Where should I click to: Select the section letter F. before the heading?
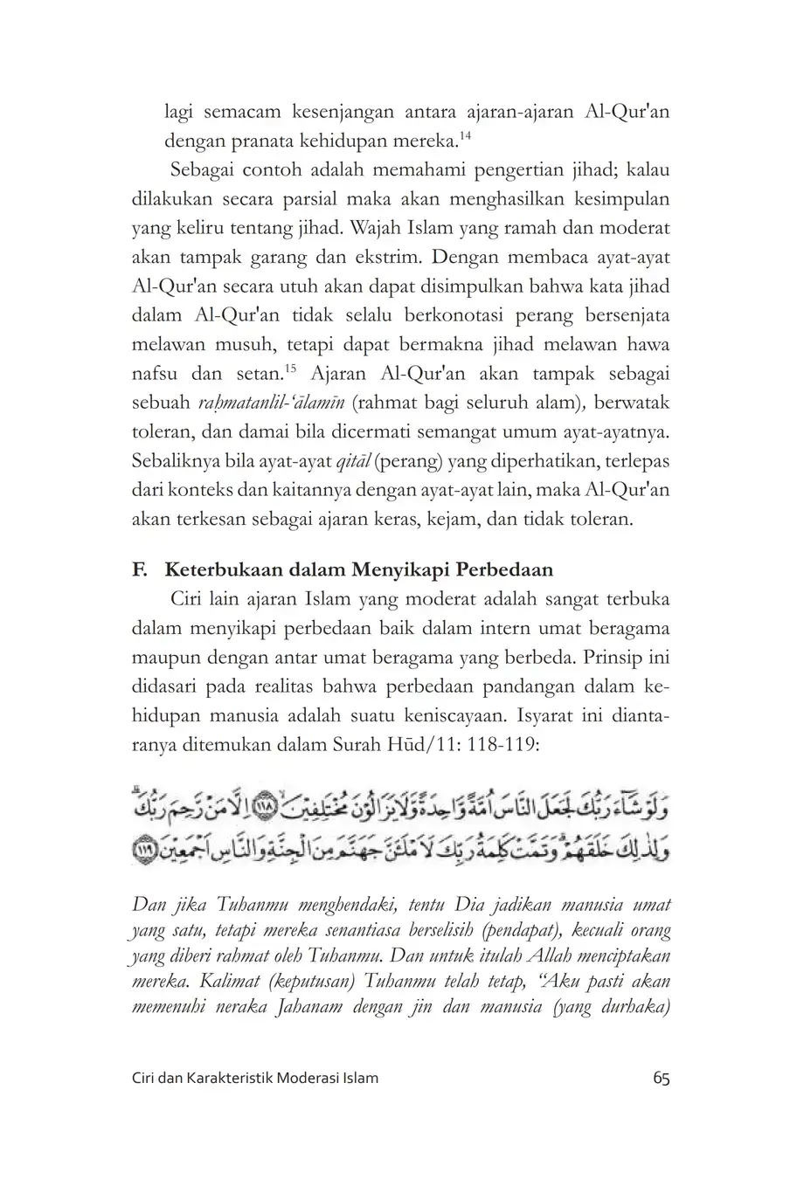point(138,570)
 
